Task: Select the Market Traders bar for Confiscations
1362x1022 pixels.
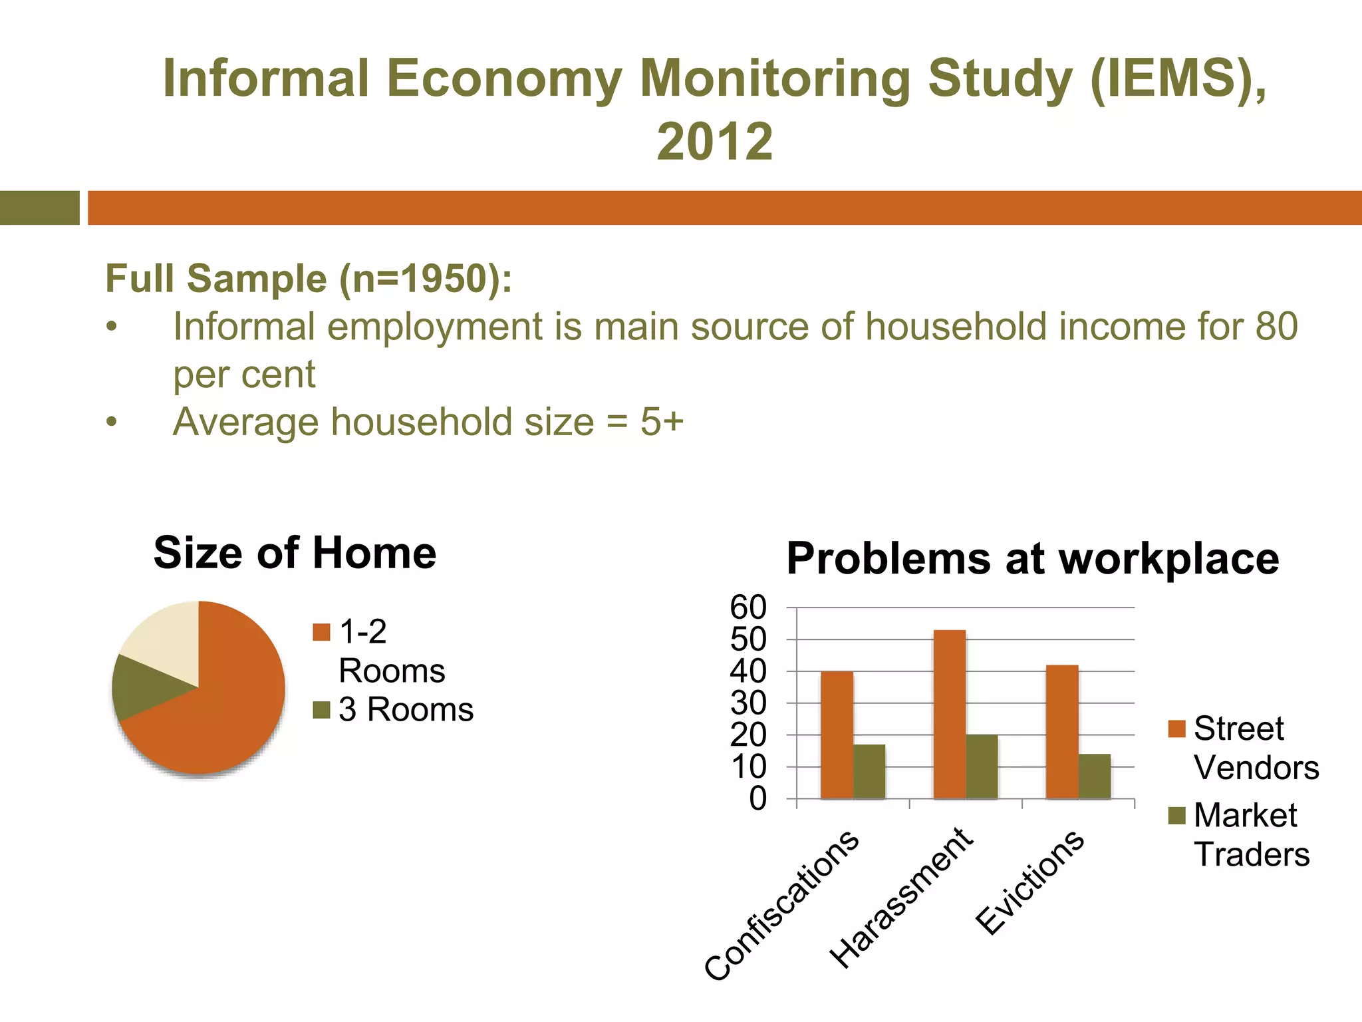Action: pyautogui.click(x=869, y=771)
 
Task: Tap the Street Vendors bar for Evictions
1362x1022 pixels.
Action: pyautogui.click(x=1062, y=731)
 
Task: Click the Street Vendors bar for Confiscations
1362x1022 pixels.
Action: pyautogui.click(x=837, y=735)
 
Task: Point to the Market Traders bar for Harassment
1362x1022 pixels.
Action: pyautogui.click(x=982, y=766)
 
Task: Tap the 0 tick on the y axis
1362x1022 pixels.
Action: pyautogui.click(x=757, y=798)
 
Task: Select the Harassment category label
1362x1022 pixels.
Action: pyautogui.click(x=901, y=898)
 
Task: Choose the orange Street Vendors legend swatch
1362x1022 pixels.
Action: pyautogui.click(x=1176, y=729)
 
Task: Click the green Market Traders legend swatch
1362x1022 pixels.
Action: pyautogui.click(x=1176, y=815)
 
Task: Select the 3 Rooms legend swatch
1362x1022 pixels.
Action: pyautogui.click(x=321, y=710)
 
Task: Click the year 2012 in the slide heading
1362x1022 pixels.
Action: pyautogui.click(x=715, y=141)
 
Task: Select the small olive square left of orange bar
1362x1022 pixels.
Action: pyautogui.click(x=39, y=208)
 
